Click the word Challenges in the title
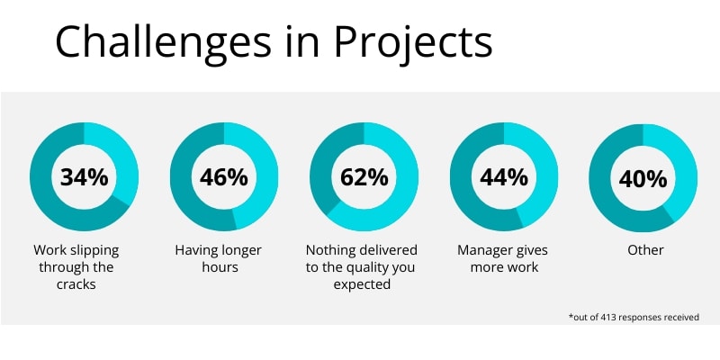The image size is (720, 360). (x=164, y=42)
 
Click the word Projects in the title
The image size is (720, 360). (x=413, y=42)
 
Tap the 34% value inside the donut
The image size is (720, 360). (x=85, y=177)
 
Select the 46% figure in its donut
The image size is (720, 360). (x=224, y=177)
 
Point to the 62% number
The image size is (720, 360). (x=364, y=177)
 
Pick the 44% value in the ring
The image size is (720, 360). (x=504, y=177)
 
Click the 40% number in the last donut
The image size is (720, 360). (x=643, y=179)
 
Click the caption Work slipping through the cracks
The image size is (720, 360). (x=76, y=266)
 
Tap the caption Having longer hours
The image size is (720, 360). (x=219, y=258)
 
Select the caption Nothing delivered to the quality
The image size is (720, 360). (x=362, y=266)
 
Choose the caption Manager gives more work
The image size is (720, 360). (x=503, y=258)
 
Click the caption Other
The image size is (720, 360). (x=645, y=250)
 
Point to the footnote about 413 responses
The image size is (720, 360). (x=634, y=317)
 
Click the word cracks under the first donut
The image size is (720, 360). (x=76, y=284)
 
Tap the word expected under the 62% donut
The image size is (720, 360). (x=362, y=284)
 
